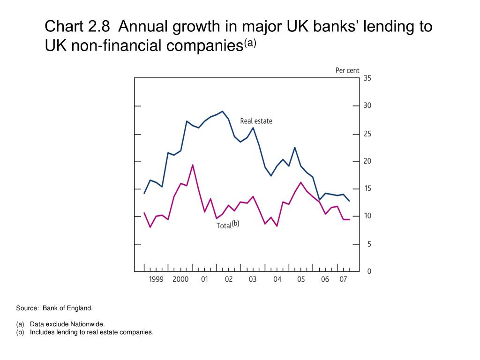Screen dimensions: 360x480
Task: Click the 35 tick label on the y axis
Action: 367,78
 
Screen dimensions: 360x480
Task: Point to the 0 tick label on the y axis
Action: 369,272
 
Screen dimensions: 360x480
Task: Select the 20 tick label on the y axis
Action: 367,161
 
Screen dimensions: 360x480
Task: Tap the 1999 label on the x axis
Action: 156,280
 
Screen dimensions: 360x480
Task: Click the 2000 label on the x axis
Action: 180,280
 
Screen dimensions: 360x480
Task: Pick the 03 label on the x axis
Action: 253,280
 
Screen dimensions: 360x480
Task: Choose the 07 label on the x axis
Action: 343,280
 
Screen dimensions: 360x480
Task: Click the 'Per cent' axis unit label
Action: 347,70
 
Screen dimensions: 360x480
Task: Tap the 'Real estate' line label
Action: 256,121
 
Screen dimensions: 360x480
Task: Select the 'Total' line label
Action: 224,225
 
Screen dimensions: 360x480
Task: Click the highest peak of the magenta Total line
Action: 193,165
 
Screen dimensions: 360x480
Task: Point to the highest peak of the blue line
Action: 222,112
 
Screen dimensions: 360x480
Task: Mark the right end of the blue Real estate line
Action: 349,201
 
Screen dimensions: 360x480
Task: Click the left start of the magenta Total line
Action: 144,213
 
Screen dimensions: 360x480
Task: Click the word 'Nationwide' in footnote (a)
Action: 89,324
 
